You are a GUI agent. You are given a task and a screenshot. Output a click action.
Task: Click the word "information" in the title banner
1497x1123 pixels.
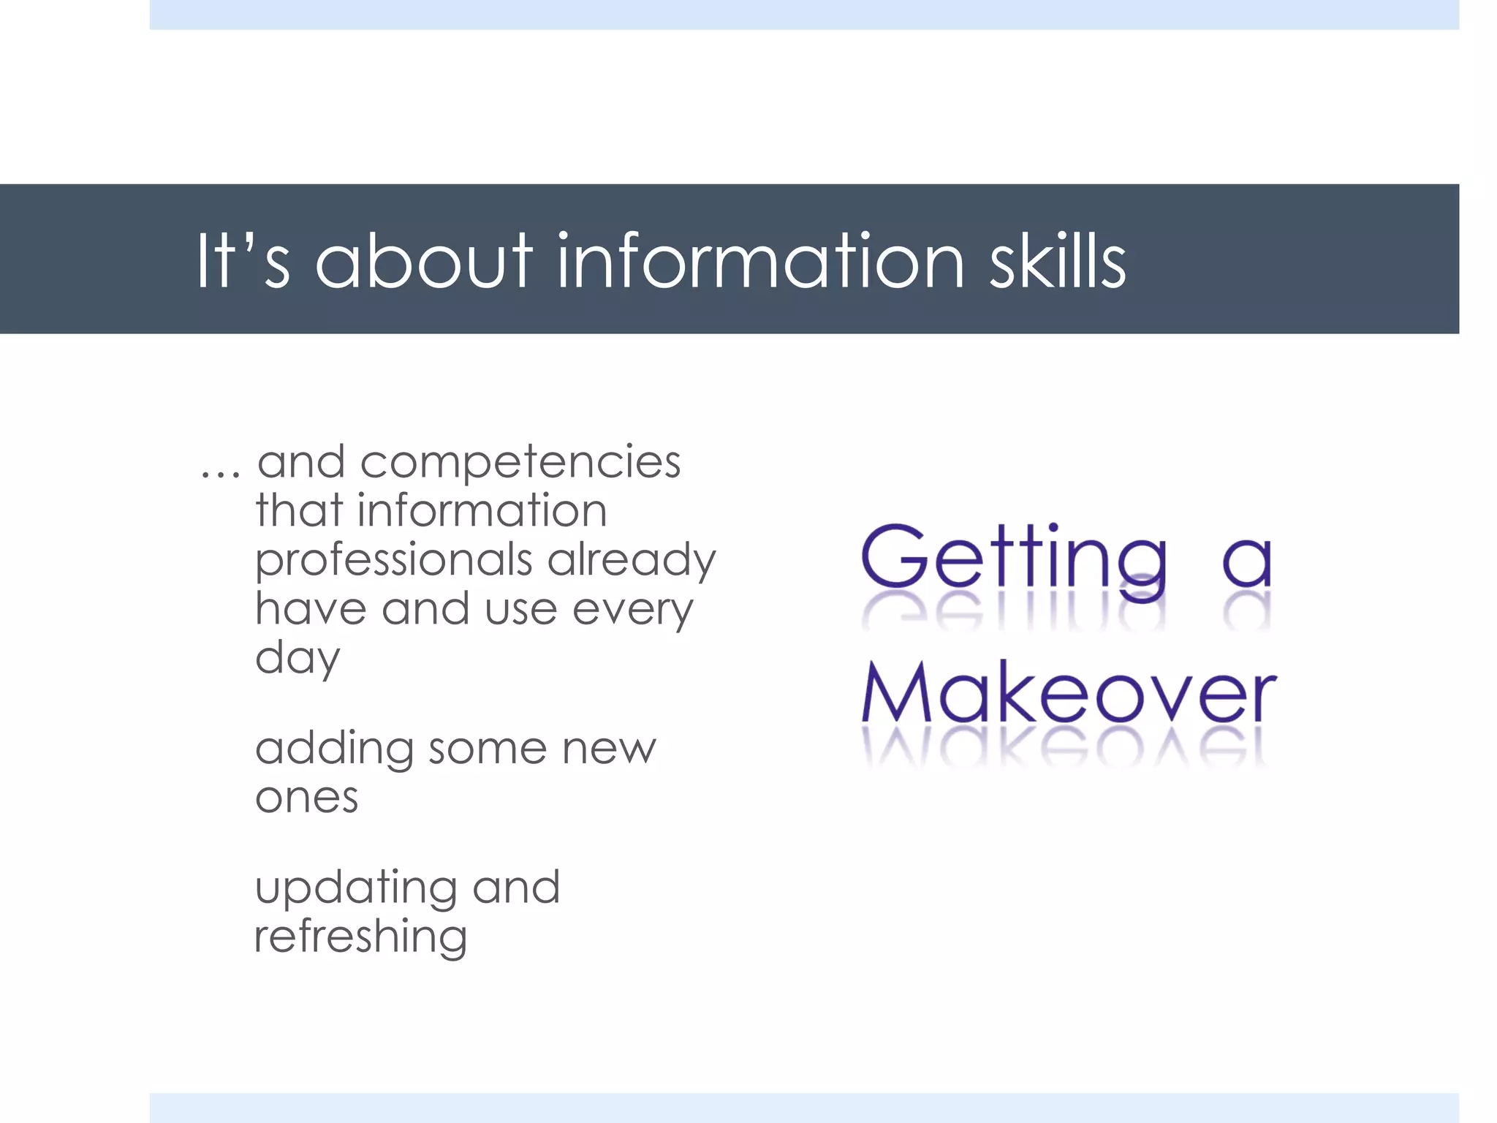[760, 262]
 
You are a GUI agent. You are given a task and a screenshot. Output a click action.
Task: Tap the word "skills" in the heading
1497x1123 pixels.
[1057, 262]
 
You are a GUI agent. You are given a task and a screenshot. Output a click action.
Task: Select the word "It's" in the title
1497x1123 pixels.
[243, 262]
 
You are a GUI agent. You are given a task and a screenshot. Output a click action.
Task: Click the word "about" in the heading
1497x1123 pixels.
[424, 262]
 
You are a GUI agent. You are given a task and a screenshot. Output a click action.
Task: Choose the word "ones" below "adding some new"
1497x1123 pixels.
[307, 798]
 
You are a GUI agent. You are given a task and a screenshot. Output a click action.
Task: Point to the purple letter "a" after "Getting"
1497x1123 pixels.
[1247, 563]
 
